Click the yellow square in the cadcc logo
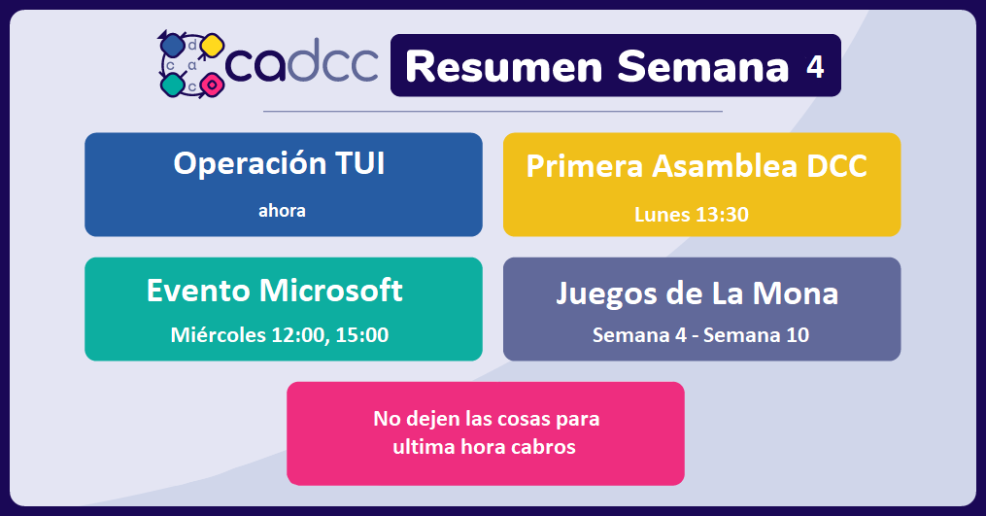click(212, 46)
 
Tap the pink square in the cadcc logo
click(212, 85)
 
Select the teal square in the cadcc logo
click(172, 85)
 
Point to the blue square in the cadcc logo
click(172, 46)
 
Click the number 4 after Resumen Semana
click(815, 67)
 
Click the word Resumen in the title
click(504, 67)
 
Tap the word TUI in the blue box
click(359, 163)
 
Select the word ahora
click(282, 210)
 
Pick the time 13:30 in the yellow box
click(722, 215)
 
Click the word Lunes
click(663, 215)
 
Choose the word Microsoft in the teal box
click(330, 291)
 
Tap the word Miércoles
click(219, 335)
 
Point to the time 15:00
click(362, 335)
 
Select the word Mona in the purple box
click(796, 293)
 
